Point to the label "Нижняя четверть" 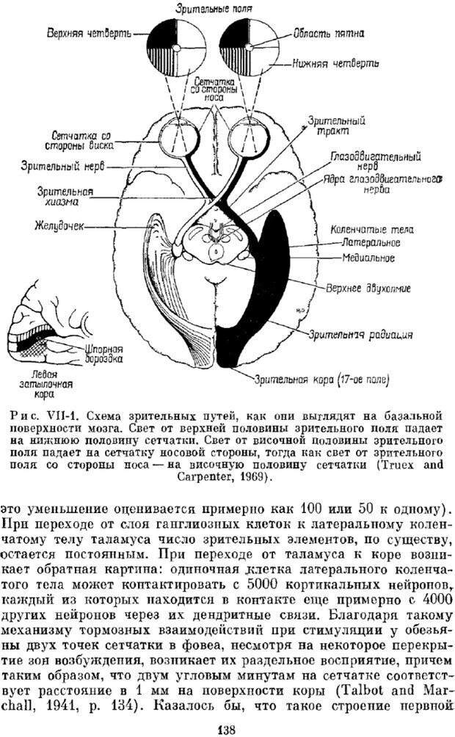pyautogui.click(x=335, y=63)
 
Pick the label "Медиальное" pyautogui.click(x=368, y=258)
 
